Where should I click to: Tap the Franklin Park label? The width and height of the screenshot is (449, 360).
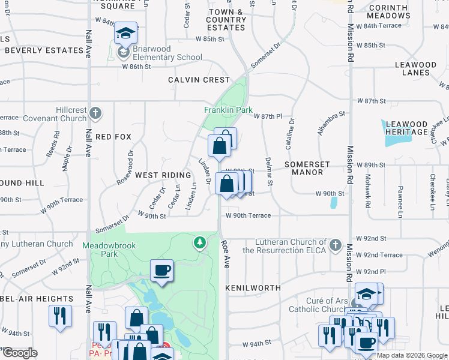point(228,110)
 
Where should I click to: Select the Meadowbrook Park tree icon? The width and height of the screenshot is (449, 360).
point(199,242)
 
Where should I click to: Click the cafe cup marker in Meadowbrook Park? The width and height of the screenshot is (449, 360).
point(161,271)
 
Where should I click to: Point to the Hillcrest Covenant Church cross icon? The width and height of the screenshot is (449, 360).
point(95,113)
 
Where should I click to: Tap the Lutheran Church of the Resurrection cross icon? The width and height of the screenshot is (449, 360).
point(336,245)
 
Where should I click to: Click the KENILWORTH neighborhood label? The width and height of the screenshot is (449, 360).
point(253,288)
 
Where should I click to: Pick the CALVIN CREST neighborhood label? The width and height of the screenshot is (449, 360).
point(199,80)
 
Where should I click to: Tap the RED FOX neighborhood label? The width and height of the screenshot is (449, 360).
point(113,137)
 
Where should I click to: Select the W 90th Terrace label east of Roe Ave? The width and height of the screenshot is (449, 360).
point(248,215)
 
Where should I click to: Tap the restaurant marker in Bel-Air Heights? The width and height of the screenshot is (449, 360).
point(60,316)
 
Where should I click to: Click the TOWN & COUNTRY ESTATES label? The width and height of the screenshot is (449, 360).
point(226,20)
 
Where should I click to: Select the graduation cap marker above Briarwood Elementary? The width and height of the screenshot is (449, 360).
point(125,33)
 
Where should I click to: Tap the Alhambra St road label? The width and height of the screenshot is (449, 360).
point(332,122)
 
